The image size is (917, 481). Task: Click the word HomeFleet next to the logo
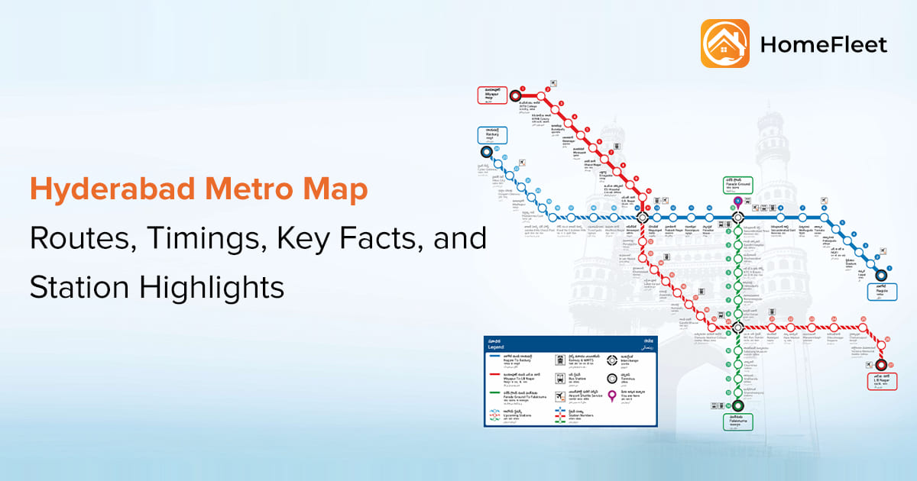823,45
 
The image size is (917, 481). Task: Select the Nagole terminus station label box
882,291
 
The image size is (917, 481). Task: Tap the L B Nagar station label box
880,381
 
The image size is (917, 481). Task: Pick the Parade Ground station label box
738,184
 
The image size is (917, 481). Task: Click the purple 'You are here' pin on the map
737,202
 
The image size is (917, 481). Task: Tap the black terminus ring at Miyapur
515,96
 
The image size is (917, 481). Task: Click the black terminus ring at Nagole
880,276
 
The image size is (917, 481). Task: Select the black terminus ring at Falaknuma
737,405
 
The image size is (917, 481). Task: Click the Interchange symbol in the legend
611,359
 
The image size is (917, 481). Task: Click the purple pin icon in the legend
611,395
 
